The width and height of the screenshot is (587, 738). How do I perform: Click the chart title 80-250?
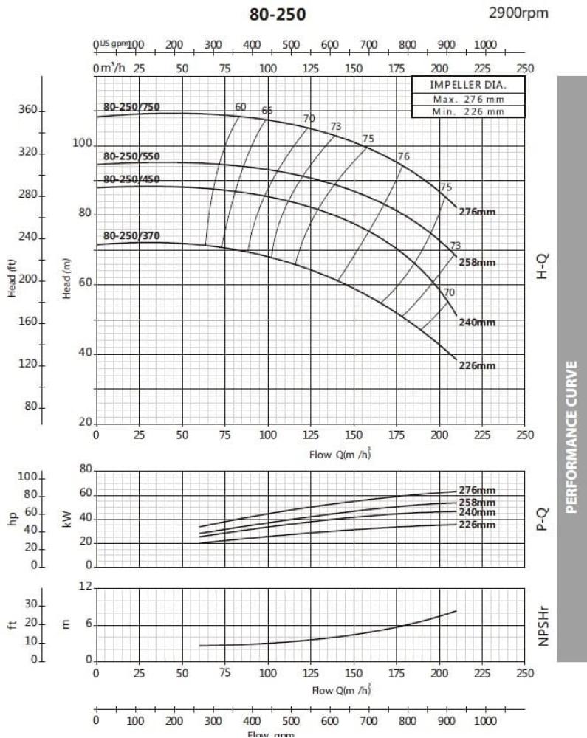coord(277,15)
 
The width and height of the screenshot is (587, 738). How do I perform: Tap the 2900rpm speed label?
coord(519,13)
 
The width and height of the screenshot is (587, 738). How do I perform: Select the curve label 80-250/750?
coord(131,107)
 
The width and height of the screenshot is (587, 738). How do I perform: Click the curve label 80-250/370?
coord(131,236)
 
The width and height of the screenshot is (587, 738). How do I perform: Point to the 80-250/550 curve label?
coord(131,156)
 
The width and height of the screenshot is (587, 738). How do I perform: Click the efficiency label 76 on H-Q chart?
coord(403,156)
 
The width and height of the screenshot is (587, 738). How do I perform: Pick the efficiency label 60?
coord(241,107)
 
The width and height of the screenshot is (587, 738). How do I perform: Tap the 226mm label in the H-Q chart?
coord(476,365)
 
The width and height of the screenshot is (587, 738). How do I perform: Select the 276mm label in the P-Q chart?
coord(476,490)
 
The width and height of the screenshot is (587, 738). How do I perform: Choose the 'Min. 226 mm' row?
coord(468,111)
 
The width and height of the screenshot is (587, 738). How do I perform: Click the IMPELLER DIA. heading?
coord(468,85)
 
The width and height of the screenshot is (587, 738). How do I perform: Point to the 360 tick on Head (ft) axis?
coord(27,111)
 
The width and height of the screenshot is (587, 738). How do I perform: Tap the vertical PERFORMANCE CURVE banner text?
coord(571,435)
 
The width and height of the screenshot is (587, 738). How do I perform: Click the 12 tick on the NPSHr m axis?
coord(86,587)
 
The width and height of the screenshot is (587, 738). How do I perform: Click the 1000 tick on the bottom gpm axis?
coord(484,720)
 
